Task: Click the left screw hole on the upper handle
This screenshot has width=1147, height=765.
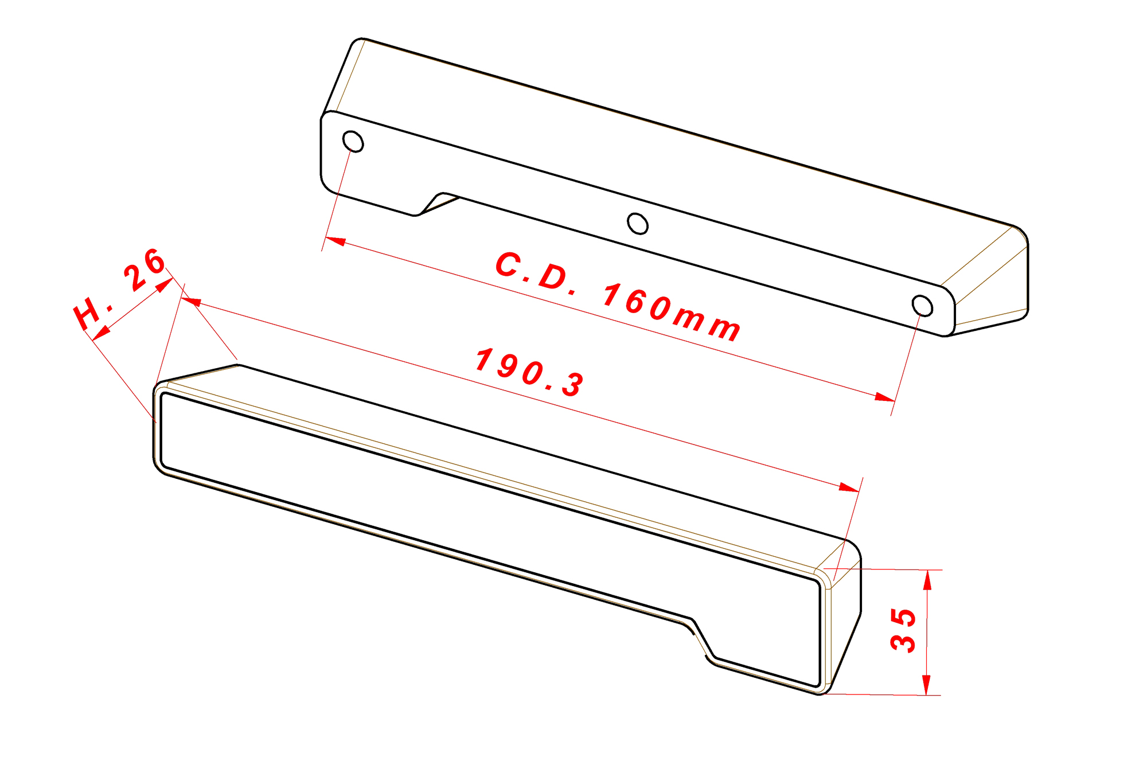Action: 353,142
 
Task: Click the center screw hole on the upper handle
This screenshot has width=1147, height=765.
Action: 637,224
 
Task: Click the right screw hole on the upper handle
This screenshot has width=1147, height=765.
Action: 922,306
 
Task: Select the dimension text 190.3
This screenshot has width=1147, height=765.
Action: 530,372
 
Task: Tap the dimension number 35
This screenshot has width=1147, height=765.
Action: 903,630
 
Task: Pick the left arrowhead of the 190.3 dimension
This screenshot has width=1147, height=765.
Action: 191,301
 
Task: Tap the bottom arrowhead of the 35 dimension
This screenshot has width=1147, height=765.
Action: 926,685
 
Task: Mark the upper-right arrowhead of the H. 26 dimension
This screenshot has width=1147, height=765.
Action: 165,284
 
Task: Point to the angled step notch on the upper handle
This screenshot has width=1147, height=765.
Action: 437,204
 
